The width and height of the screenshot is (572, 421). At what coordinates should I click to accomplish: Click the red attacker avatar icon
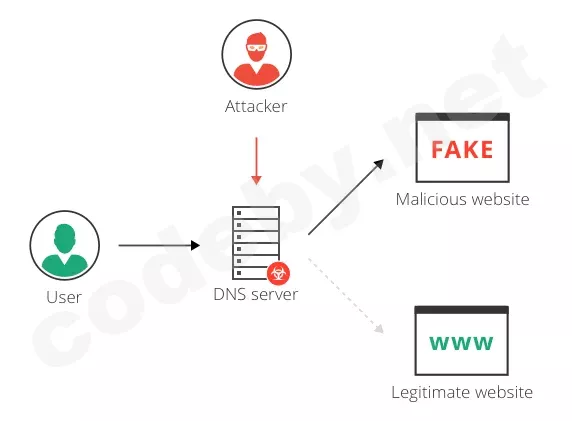coord(256,54)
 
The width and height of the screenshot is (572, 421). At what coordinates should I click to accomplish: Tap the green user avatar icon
coord(65,245)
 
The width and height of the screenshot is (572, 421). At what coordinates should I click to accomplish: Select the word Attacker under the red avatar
coord(256,107)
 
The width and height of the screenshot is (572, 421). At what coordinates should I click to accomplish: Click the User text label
coord(64,297)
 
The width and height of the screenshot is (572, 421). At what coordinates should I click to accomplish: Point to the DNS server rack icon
coord(256,243)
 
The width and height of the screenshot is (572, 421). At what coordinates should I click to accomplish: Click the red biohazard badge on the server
coord(278,273)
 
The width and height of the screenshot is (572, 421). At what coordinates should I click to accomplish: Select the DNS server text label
coord(256,294)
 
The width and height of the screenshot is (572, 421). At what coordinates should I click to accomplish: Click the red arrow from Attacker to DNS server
coord(256,161)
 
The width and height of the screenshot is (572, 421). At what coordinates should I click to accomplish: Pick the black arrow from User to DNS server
coord(159,245)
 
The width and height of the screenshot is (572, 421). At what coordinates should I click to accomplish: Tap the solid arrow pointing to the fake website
coord(346,197)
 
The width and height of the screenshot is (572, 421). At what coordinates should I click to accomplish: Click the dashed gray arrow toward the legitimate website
coord(346,296)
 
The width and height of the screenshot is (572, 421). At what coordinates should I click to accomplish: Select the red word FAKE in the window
coord(462,150)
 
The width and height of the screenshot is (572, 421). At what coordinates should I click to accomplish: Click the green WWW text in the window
coord(461,343)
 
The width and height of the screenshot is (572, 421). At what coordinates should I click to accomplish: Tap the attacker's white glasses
coord(257,47)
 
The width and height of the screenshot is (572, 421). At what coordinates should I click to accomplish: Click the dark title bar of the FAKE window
coord(463,117)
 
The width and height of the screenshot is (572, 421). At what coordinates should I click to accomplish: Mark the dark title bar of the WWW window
coord(461,310)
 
